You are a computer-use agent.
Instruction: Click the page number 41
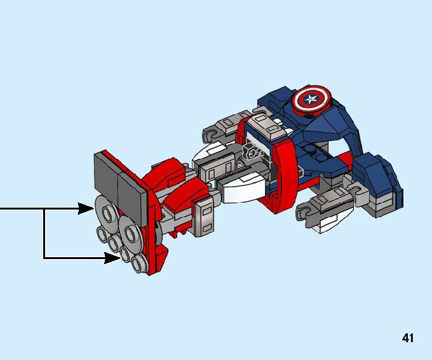(408, 338)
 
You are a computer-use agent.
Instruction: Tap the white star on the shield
(311, 99)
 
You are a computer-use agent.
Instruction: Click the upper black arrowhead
(86, 208)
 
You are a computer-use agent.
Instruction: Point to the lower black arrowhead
(112, 258)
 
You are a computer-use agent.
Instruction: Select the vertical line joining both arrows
(44, 233)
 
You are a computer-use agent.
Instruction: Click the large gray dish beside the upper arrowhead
(107, 213)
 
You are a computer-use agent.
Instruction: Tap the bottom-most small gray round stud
(140, 263)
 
